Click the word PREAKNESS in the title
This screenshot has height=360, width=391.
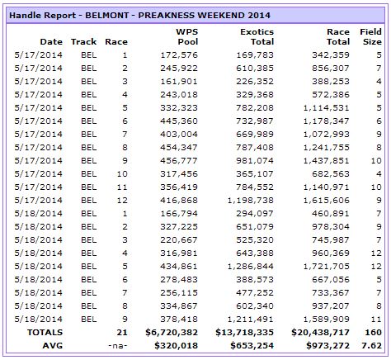click(x=167, y=15)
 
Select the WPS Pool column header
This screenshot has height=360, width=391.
click(x=187, y=36)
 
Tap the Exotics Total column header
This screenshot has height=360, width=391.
click(x=257, y=36)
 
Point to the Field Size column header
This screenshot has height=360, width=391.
click(x=370, y=36)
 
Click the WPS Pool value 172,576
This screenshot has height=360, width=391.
click(x=179, y=55)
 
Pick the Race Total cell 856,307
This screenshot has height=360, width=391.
click(x=331, y=69)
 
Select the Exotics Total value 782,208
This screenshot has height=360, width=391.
click(x=255, y=108)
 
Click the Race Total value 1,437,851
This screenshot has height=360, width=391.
click(x=327, y=161)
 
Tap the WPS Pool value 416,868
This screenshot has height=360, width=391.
click(x=179, y=201)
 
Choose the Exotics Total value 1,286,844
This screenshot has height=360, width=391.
click(x=251, y=267)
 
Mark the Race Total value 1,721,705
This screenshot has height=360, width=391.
click(x=327, y=267)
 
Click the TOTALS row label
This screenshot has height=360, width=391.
click(x=45, y=333)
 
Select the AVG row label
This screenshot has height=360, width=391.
click(x=53, y=346)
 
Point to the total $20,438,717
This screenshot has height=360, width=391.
click(x=320, y=333)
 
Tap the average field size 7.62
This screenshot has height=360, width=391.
click(x=371, y=346)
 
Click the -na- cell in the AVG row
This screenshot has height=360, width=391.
click(x=118, y=346)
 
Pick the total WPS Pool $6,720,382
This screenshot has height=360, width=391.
click(x=172, y=333)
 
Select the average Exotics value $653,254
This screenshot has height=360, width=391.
click(x=252, y=346)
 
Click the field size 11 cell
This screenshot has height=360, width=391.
click(x=376, y=320)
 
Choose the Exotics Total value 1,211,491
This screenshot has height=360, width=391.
click(x=251, y=320)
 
